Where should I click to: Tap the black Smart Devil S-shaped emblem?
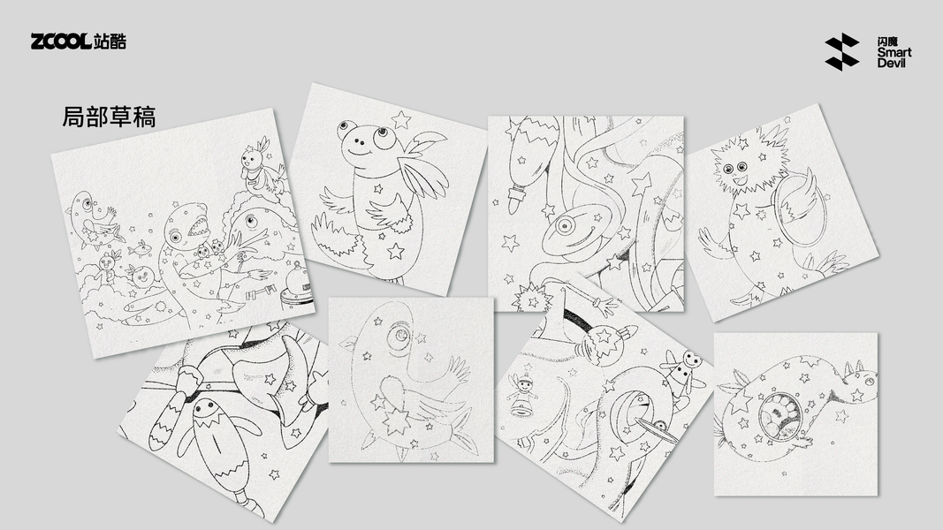click(842, 52)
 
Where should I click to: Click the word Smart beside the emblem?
click(894, 53)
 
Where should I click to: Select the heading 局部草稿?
click(109, 117)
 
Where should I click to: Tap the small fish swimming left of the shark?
click(140, 247)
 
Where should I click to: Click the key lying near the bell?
click(261, 293)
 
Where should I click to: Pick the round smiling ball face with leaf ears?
click(142, 276)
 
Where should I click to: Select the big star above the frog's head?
click(400, 119)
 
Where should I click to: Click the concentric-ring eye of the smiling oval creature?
click(565, 226)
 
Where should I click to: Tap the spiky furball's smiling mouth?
click(741, 180)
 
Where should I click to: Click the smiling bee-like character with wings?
click(683, 369)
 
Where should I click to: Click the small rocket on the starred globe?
click(626, 331)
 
